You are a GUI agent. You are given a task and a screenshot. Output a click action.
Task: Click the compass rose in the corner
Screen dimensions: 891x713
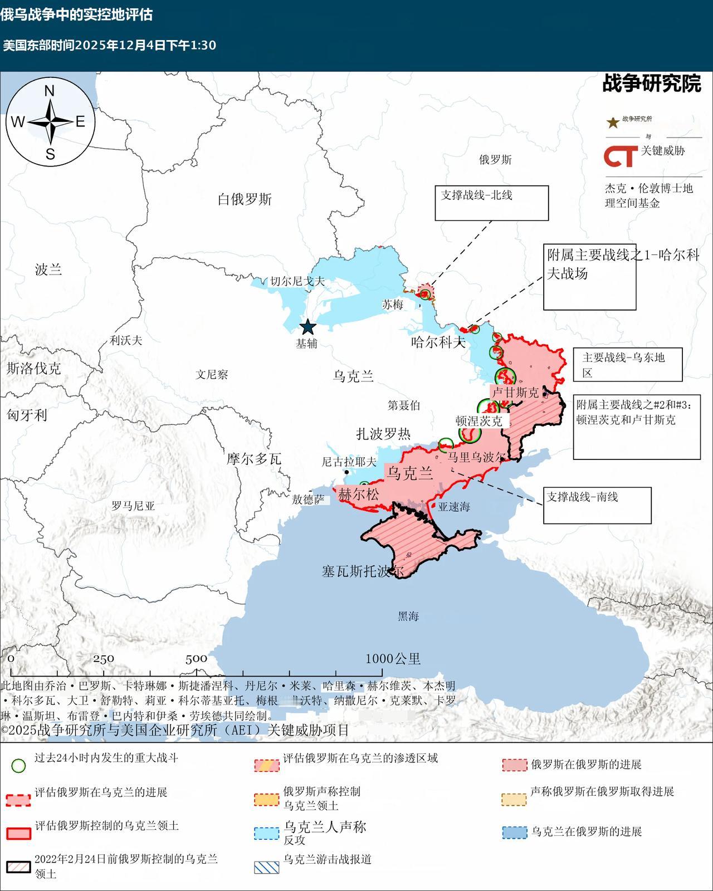(50, 121)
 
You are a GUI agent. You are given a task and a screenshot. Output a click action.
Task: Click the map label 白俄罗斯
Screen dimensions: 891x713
(245, 199)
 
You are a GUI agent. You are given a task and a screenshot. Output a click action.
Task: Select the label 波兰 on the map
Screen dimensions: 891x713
(48, 270)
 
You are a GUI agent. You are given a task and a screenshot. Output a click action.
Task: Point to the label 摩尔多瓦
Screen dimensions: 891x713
(253, 459)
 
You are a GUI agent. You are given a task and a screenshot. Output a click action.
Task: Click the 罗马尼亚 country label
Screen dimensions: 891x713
(133, 506)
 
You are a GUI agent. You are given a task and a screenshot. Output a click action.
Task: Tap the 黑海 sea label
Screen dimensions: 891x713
(408, 616)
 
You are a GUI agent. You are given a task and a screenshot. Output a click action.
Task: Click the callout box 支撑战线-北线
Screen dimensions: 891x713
(491, 203)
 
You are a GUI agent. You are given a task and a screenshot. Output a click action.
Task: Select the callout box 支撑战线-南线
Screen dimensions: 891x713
(597, 505)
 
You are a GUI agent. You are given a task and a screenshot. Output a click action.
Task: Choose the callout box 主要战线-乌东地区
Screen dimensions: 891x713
(628, 365)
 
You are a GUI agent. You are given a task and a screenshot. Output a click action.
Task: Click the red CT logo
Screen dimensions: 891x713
(621, 156)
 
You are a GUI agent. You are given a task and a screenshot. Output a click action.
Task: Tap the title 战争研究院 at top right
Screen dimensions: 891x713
(651, 84)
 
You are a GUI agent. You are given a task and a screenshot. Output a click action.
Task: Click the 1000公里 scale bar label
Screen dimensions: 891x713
(393, 659)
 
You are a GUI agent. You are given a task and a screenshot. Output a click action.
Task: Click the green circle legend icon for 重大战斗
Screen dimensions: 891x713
(19, 765)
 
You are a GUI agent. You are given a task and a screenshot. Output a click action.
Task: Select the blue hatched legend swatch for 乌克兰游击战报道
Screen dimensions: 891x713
(266, 867)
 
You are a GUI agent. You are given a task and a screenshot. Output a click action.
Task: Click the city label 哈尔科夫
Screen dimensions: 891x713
(438, 342)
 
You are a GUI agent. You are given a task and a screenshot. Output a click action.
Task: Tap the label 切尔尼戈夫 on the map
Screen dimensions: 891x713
(297, 282)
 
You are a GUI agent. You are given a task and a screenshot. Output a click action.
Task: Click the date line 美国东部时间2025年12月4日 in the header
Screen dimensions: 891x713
(110, 45)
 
